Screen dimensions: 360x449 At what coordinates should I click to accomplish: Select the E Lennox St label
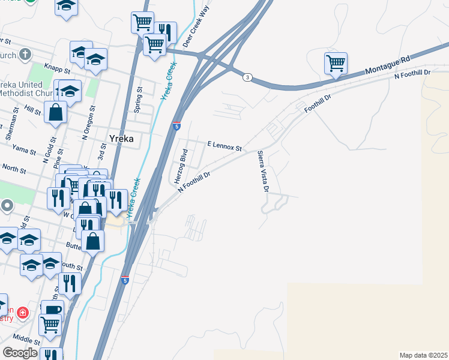(x=224, y=146)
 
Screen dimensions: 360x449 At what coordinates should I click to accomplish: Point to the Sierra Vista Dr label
(x=262, y=172)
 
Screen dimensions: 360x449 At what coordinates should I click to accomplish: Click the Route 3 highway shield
(x=247, y=77)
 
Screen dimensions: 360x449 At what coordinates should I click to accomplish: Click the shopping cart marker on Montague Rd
(x=336, y=62)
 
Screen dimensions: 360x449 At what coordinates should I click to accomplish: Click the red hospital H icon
(x=23, y=313)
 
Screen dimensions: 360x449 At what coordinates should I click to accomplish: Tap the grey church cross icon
(x=24, y=55)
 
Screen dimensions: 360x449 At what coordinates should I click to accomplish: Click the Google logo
(x=19, y=353)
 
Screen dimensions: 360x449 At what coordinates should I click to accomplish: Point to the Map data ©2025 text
(x=423, y=355)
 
